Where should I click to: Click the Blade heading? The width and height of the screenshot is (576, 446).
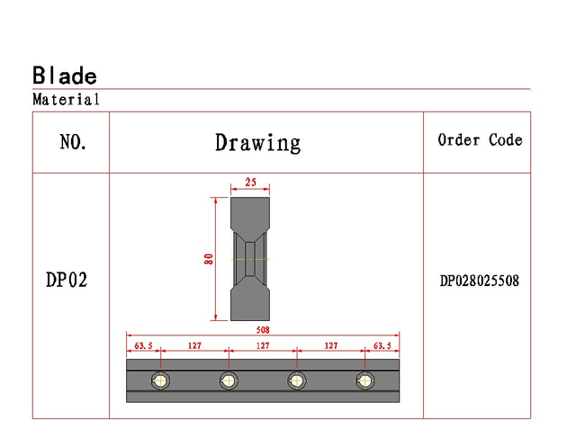pyautogui.click(x=65, y=76)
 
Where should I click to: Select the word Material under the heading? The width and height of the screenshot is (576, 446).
pyautogui.click(x=66, y=100)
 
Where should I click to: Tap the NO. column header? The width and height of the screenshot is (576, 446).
pyautogui.click(x=73, y=142)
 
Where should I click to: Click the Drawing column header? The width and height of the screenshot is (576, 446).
pyautogui.click(x=258, y=143)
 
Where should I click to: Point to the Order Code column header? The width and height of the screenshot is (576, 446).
pyautogui.click(x=480, y=140)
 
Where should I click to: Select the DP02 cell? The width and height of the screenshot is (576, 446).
pyautogui.click(x=67, y=280)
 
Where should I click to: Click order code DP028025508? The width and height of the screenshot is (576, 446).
pyautogui.click(x=480, y=281)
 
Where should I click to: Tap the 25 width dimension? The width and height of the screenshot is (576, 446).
pyautogui.click(x=250, y=182)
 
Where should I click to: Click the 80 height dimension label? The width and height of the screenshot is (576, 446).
pyautogui.click(x=208, y=259)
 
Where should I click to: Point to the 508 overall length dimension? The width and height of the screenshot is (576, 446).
pyautogui.click(x=263, y=330)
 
